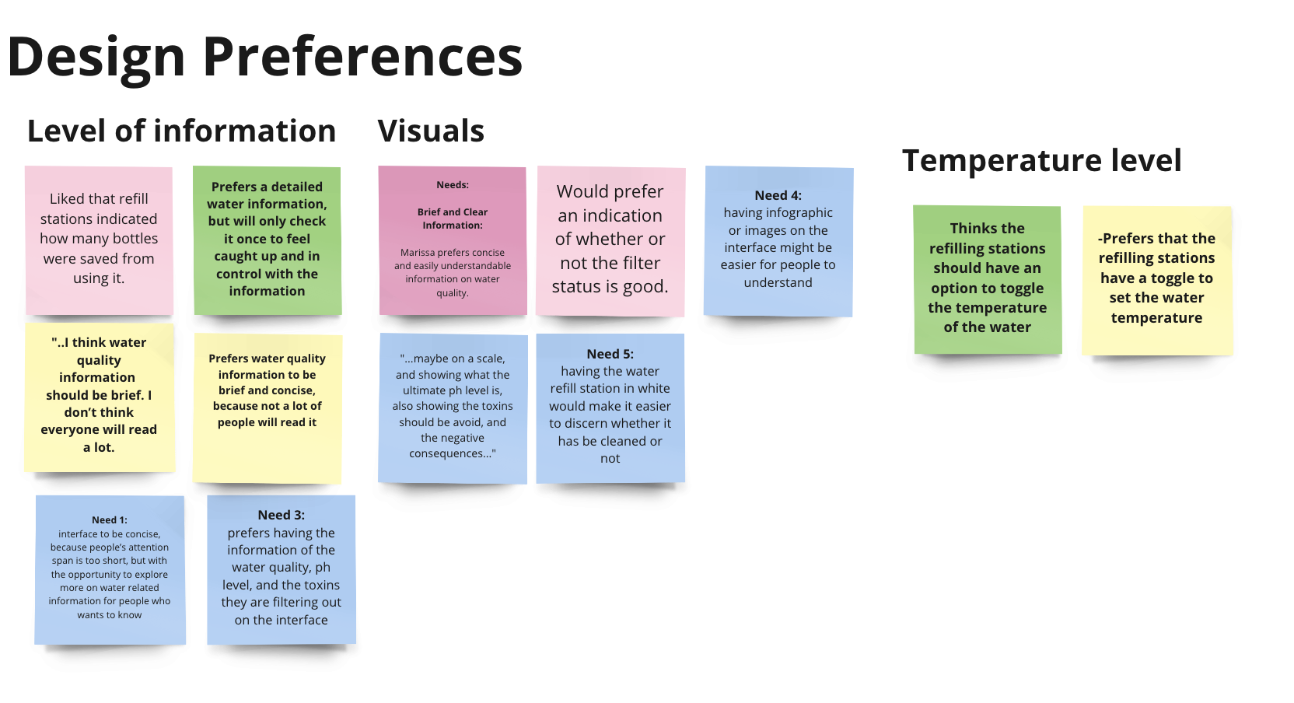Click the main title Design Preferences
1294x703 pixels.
[x=264, y=57]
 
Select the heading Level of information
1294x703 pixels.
[x=181, y=131]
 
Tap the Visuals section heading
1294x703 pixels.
[x=431, y=131]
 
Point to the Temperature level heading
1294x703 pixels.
[x=1041, y=161]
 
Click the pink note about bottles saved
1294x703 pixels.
[x=99, y=240]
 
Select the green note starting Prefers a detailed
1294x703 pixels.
[x=267, y=240]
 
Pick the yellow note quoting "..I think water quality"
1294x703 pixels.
[x=99, y=396]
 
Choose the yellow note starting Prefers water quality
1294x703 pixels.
[x=267, y=407]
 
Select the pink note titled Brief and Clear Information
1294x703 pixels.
[x=452, y=240]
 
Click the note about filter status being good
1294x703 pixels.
[x=610, y=240]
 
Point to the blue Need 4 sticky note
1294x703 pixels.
[x=778, y=240]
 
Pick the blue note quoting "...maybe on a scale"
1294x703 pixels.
[x=453, y=407]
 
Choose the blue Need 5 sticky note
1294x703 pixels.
[x=610, y=407]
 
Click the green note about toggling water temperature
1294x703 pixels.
[x=987, y=278]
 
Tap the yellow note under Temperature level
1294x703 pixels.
[x=1156, y=278]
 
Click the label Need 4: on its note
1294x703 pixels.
[x=778, y=196]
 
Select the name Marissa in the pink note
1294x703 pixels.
[x=418, y=253]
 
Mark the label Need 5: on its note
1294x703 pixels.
[x=610, y=355]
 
